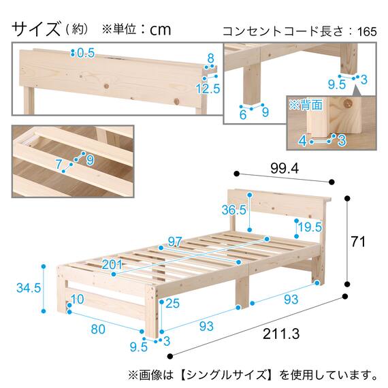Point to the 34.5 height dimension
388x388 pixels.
click(x=27, y=288)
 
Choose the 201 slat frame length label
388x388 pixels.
click(x=111, y=264)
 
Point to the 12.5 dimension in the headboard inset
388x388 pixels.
click(x=209, y=88)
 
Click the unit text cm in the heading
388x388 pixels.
click(x=160, y=30)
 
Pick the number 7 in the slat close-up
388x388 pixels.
click(x=59, y=164)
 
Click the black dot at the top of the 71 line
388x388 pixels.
click(x=348, y=199)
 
